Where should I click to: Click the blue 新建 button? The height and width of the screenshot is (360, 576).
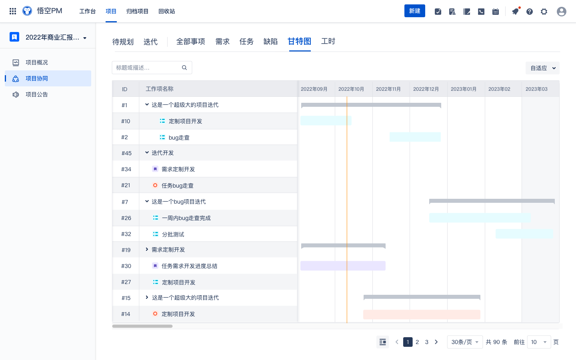click(414, 11)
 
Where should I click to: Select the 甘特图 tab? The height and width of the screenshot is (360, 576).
click(300, 42)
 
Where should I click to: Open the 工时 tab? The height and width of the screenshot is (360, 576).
click(328, 42)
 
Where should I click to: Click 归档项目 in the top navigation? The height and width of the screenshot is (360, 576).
click(137, 11)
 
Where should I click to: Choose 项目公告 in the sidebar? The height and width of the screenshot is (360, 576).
click(36, 94)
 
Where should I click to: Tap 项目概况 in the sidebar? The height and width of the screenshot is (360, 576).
click(36, 62)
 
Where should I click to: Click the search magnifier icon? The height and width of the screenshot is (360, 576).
click(184, 68)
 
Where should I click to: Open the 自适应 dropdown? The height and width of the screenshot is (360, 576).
click(542, 68)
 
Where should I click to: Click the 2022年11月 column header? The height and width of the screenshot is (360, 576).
click(388, 89)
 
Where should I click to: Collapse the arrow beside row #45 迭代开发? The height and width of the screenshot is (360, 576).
click(147, 152)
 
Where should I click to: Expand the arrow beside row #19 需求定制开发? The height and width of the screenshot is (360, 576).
click(147, 250)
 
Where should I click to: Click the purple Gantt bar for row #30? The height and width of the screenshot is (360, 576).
click(343, 266)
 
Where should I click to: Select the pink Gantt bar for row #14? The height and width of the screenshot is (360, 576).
click(422, 314)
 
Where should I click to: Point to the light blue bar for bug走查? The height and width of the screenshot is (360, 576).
click(415, 137)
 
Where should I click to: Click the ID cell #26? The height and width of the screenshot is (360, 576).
click(126, 218)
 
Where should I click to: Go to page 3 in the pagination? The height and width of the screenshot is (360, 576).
click(426, 342)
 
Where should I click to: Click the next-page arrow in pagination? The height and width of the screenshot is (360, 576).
click(436, 342)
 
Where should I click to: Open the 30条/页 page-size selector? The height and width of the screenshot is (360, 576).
click(465, 342)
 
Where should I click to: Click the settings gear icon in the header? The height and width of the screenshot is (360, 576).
click(544, 12)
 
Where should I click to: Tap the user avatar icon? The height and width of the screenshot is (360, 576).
click(561, 12)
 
